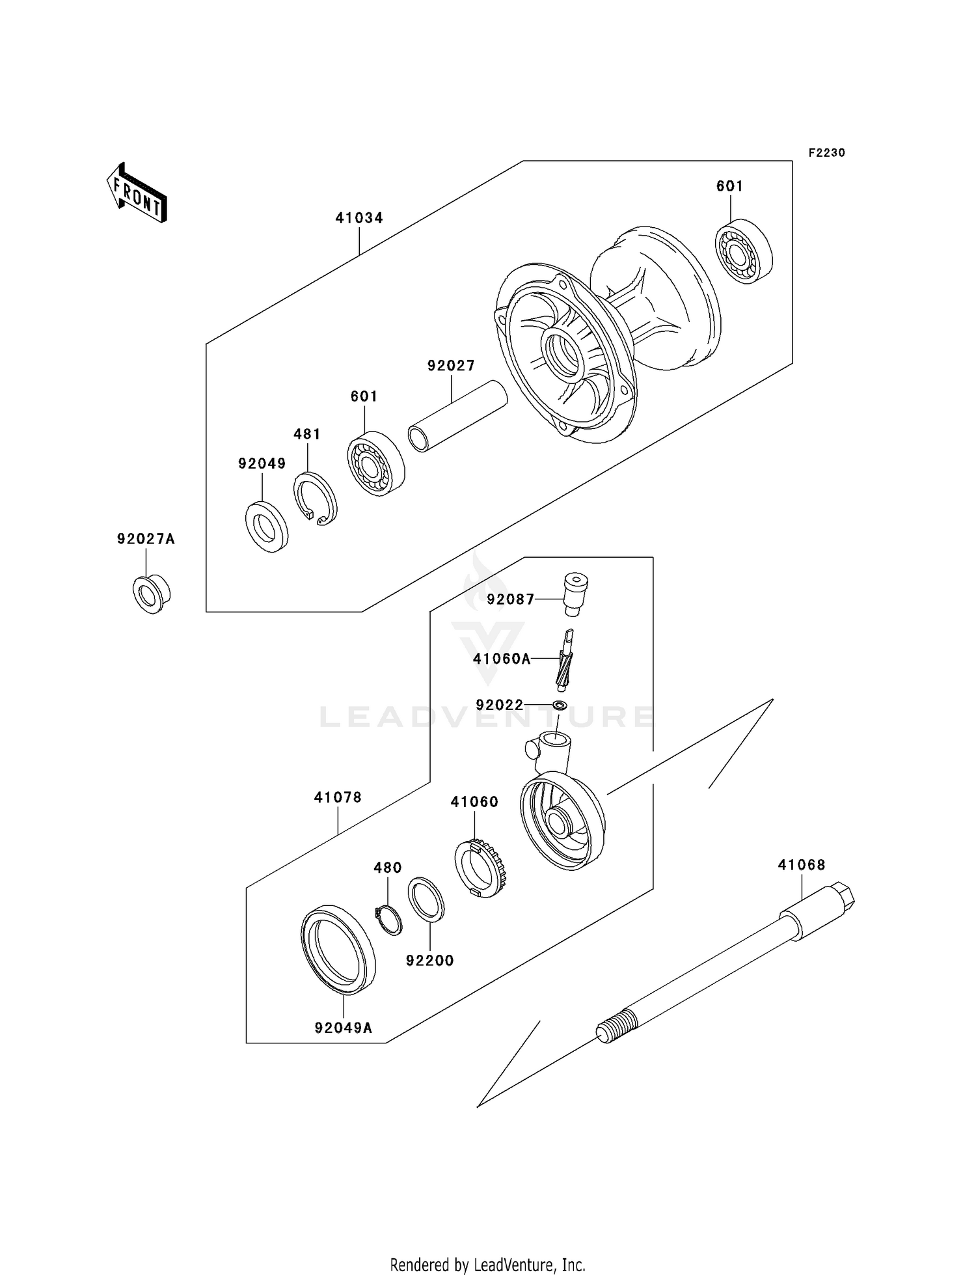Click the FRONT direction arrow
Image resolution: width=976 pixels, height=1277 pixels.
point(137,194)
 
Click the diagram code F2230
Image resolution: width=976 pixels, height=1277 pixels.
point(826,153)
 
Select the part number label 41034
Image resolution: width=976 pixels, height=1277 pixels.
point(359,218)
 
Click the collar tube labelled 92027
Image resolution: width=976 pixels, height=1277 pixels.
point(457,416)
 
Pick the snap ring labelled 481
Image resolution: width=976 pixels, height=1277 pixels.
point(316,499)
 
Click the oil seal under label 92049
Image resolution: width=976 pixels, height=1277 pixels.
point(267,527)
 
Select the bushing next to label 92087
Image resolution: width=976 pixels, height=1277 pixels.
point(575,593)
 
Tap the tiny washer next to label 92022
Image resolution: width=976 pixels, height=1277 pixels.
point(559,705)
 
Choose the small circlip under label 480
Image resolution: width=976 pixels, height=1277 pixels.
point(389,920)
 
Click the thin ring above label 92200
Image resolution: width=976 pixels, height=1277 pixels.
point(426,899)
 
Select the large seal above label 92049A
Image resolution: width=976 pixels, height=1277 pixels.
point(338,949)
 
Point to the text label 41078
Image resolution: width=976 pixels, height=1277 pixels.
point(338,797)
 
